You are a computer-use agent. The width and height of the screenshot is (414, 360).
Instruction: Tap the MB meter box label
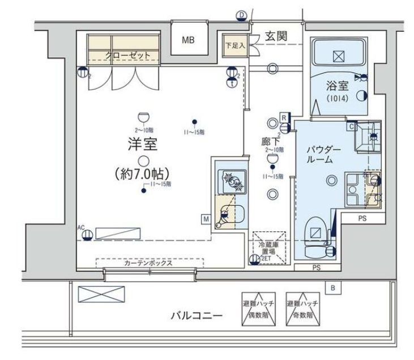pos(188,40)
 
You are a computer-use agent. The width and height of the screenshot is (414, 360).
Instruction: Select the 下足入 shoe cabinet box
pos(233,45)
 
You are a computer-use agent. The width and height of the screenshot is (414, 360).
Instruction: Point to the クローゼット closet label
pos(128,55)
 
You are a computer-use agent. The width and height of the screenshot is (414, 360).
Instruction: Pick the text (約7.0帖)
pos(144,172)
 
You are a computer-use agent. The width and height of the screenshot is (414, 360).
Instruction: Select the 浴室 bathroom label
pos(336,86)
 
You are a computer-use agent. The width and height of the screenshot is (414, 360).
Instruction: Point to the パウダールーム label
pos(324,155)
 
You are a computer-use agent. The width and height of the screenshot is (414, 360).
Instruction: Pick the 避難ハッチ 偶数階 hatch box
pos(258,308)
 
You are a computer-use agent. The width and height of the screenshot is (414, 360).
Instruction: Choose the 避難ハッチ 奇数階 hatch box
pos(301,308)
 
